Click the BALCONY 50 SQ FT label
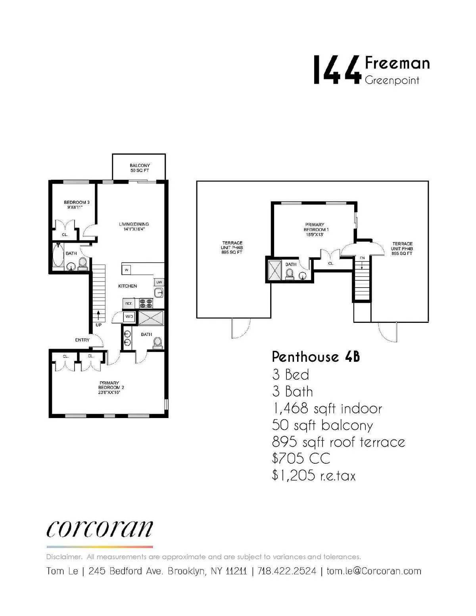pyautogui.click(x=140, y=168)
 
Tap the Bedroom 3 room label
pyautogui.click(x=77, y=205)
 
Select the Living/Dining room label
pyautogui.click(x=134, y=226)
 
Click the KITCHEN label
pyautogui.click(x=127, y=286)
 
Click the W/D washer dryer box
pyautogui.click(x=129, y=317)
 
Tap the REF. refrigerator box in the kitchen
pyautogui.click(x=129, y=303)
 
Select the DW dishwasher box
pyautogui.click(x=159, y=282)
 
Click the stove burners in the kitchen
pyautogui.click(x=146, y=303)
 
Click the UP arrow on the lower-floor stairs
pyautogui.click(x=98, y=317)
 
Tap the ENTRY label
pyautogui.click(x=82, y=340)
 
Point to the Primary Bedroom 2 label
pyautogui.click(x=109, y=388)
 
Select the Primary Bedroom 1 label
pyautogui.click(x=316, y=229)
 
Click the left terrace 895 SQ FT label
pyautogui.click(x=232, y=248)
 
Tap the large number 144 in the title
pyautogui.click(x=337, y=70)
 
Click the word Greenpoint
pyautogui.click(x=392, y=80)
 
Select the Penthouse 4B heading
pyautogui.click(x=316, y=357)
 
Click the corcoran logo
pyautogui.click(x=99, y=529)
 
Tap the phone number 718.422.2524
pyautogui.click(x=287, y=571)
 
